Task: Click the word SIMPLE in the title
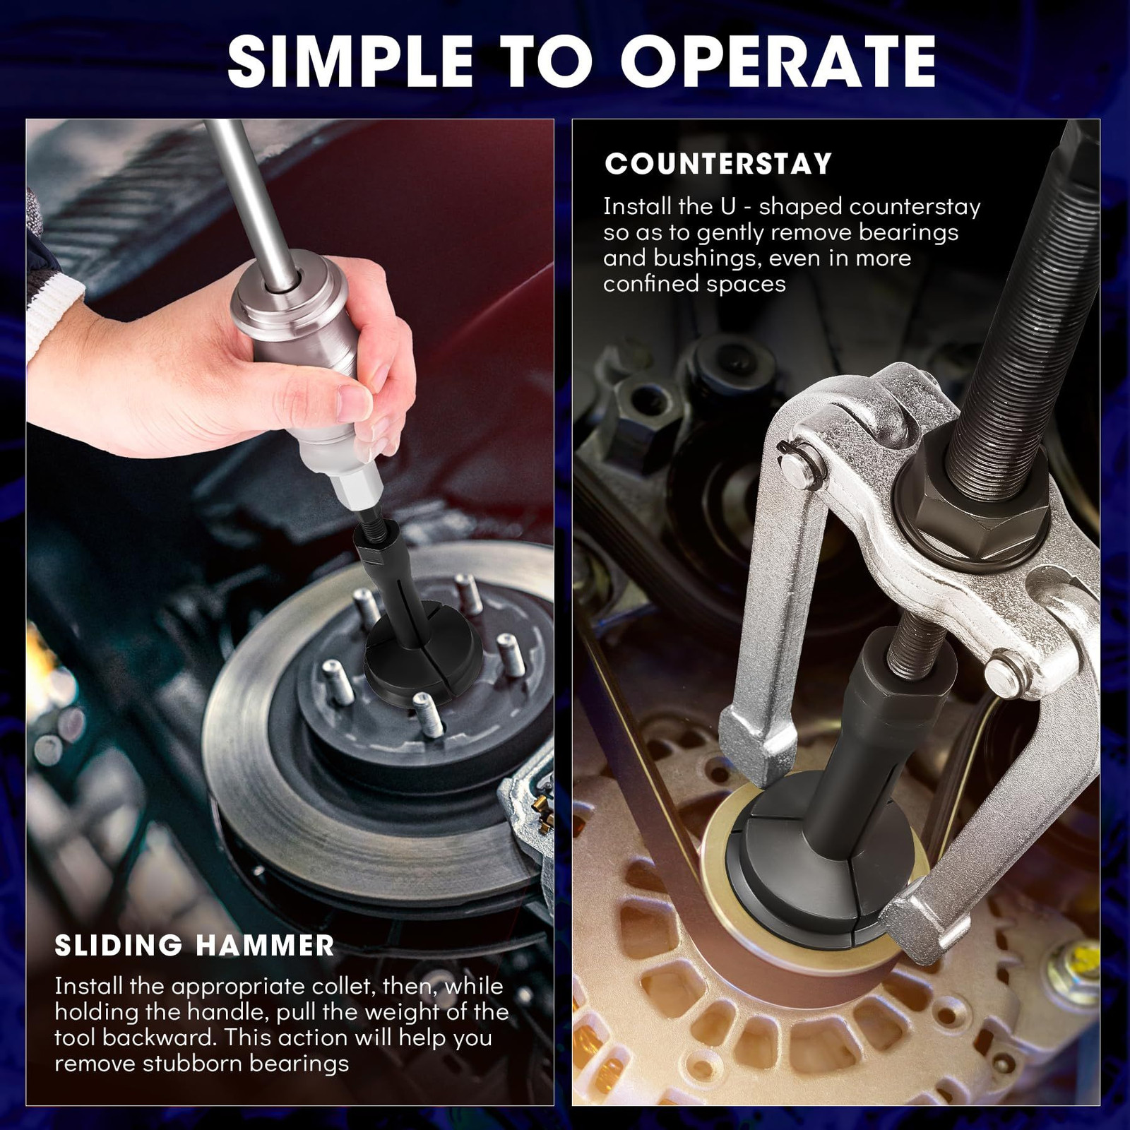tap(350, 61)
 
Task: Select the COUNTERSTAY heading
tap(718, 164)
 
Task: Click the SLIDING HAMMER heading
tap(194, 946)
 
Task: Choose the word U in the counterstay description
tap(728, 207)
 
